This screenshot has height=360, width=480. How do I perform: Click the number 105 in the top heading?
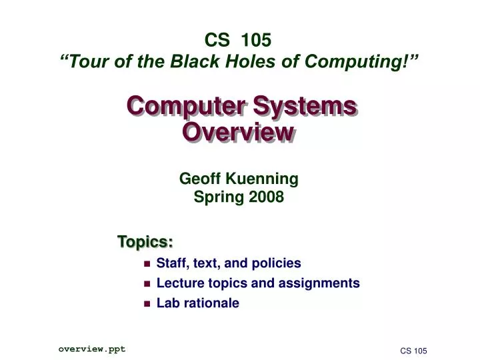257,40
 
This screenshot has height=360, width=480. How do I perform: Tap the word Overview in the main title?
238,132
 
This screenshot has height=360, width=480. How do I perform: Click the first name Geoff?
202,179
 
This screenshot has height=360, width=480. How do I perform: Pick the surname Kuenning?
262,179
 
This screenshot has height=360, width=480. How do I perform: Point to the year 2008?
266,197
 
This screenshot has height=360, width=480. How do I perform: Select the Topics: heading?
145,240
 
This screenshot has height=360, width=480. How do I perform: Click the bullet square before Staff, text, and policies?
147,264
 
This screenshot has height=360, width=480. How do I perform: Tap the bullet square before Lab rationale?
147,304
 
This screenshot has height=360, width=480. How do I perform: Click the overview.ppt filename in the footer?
91,349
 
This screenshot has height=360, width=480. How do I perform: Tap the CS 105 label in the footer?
413,351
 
